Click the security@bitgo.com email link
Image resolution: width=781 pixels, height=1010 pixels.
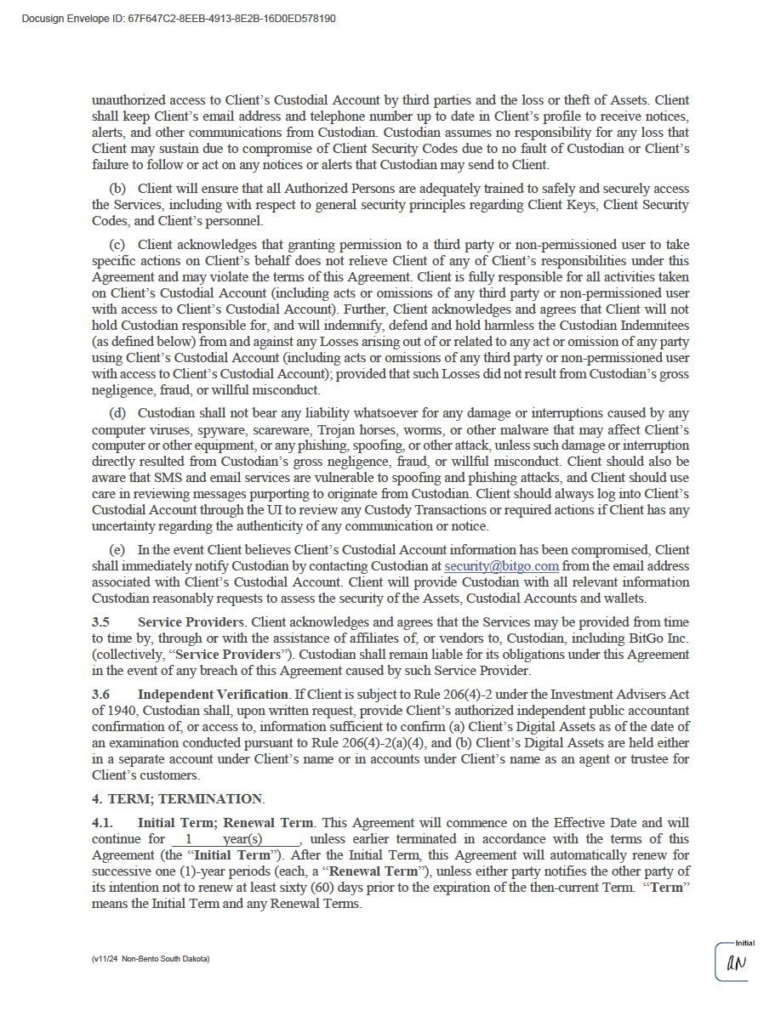(x=501, y=566)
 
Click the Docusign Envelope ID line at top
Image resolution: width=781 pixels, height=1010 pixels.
(x=178, y=18)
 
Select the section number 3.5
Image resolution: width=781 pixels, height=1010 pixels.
(x=100, y=622)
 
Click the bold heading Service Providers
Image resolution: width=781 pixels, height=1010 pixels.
(x=191, y=622)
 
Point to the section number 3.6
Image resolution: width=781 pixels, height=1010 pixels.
(x=100, y=695)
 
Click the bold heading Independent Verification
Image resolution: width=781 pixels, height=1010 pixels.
(x=213, y=695)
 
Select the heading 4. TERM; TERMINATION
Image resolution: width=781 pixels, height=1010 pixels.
(x=178, y=799)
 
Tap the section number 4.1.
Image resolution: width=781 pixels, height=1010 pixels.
(x=102, y=823)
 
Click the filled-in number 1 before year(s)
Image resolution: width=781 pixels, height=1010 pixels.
(x=188, y=840)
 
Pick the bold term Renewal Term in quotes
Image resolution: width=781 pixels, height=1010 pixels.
(x=373, y=871)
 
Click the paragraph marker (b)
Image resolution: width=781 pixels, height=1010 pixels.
(x=117, y=189)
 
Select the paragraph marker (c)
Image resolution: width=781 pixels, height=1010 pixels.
(x=117, y=245)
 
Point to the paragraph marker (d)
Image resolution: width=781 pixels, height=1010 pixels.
(x=117, y=413)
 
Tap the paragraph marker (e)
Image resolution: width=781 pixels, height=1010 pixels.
(x=117, y=550)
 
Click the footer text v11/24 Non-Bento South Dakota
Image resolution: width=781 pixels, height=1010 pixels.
(x=151, y=959)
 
